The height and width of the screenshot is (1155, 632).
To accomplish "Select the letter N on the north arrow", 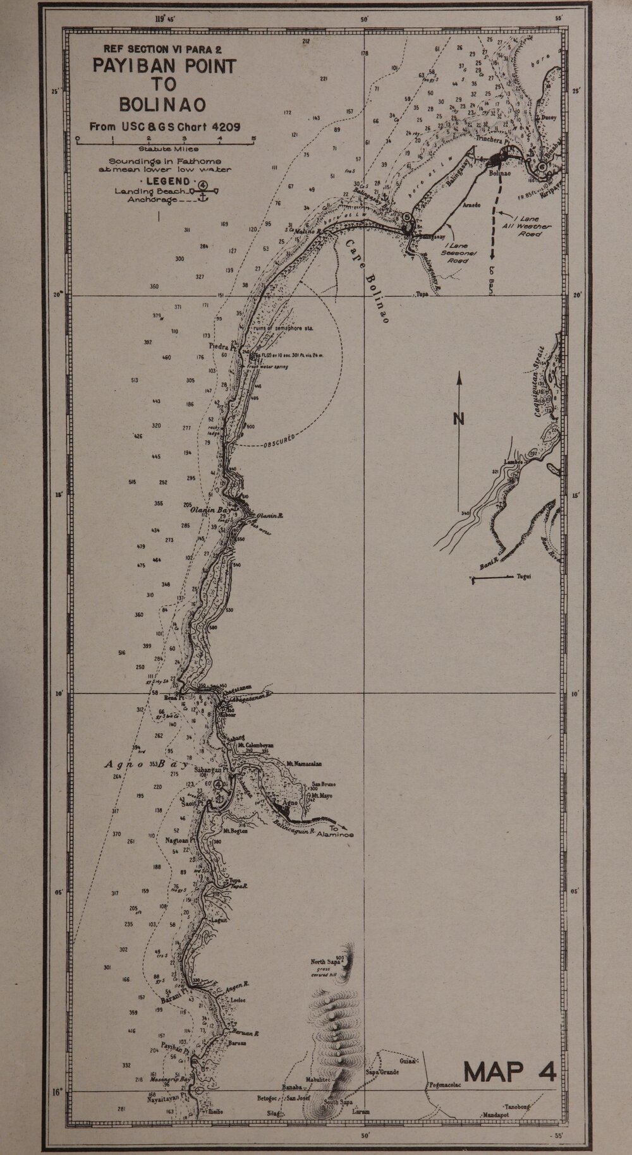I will [x=459, y=418].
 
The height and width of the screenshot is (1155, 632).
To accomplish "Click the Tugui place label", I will [x=523, y=577].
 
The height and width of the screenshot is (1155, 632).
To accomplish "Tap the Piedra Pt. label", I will [x=222, y=346].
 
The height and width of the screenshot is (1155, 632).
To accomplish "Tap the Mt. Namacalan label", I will [x=305, y=764].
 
